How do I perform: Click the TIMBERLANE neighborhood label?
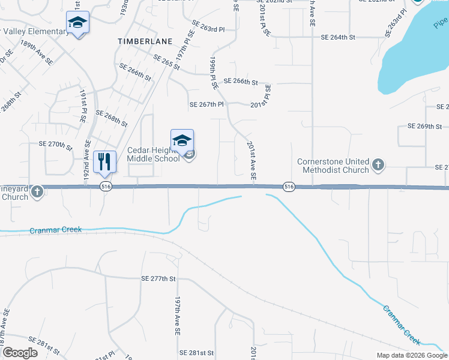pyautogui.click(x=145, y=41)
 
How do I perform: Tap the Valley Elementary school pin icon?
pyautogui.click(x=77, y=23)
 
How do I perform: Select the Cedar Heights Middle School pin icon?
pyautogui.click(x=182, y=141)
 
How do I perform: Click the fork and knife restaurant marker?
pyautogui.click(x=104, y=161)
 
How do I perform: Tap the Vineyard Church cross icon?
pyautogui.click(x=37, y=192)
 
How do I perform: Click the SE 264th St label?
pyautogui.click(x=338, y=37)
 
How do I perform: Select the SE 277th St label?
pyautogui.click(x=158, y=279)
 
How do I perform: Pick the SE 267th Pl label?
pyautogui.click(x=206, y=104)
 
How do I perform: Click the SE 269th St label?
pyautogui.click(x=424, y=127)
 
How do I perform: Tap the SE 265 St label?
pyautogui.click(x=167, y=62)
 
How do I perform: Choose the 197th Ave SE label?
pyautogui.click(x=178, y=314)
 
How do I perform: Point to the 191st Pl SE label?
pyautogui.click(x=83, y=106)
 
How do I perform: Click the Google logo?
pyautogui.click(x=20, y=353)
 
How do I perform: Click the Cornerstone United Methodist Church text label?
pyautogui.click(x=333, y=166)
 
